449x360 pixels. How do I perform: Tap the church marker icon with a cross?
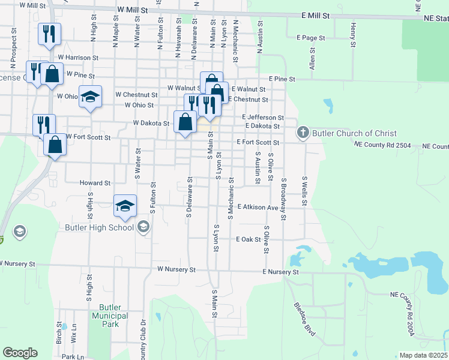pos(303,133)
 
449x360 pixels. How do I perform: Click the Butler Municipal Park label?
pos(110,316)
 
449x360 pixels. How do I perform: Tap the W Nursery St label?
pos(176,270)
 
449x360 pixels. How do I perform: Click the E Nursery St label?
pos(280,272)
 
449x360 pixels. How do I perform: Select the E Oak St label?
pos(249,239)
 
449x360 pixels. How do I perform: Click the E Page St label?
pos(310,38)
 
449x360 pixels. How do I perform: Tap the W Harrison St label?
pos(79,58)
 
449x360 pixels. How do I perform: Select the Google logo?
pos(20,353)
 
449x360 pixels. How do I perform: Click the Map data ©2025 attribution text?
pos(423,355)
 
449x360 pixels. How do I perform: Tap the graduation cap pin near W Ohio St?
pos(90,97)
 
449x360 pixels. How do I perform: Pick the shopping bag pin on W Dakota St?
pos(185,122)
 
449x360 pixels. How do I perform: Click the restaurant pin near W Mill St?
pos(49,34)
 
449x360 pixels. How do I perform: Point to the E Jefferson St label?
pos(263,118)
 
